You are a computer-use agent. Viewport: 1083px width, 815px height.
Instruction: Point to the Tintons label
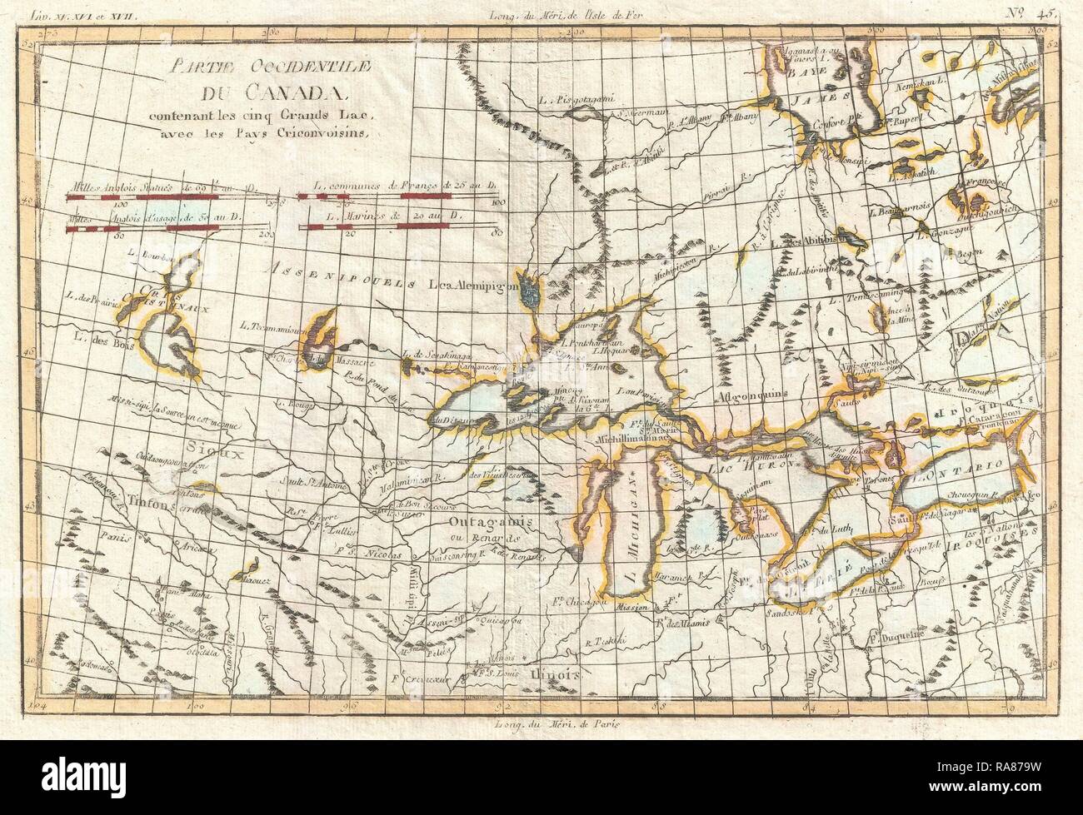tap(155, 501)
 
